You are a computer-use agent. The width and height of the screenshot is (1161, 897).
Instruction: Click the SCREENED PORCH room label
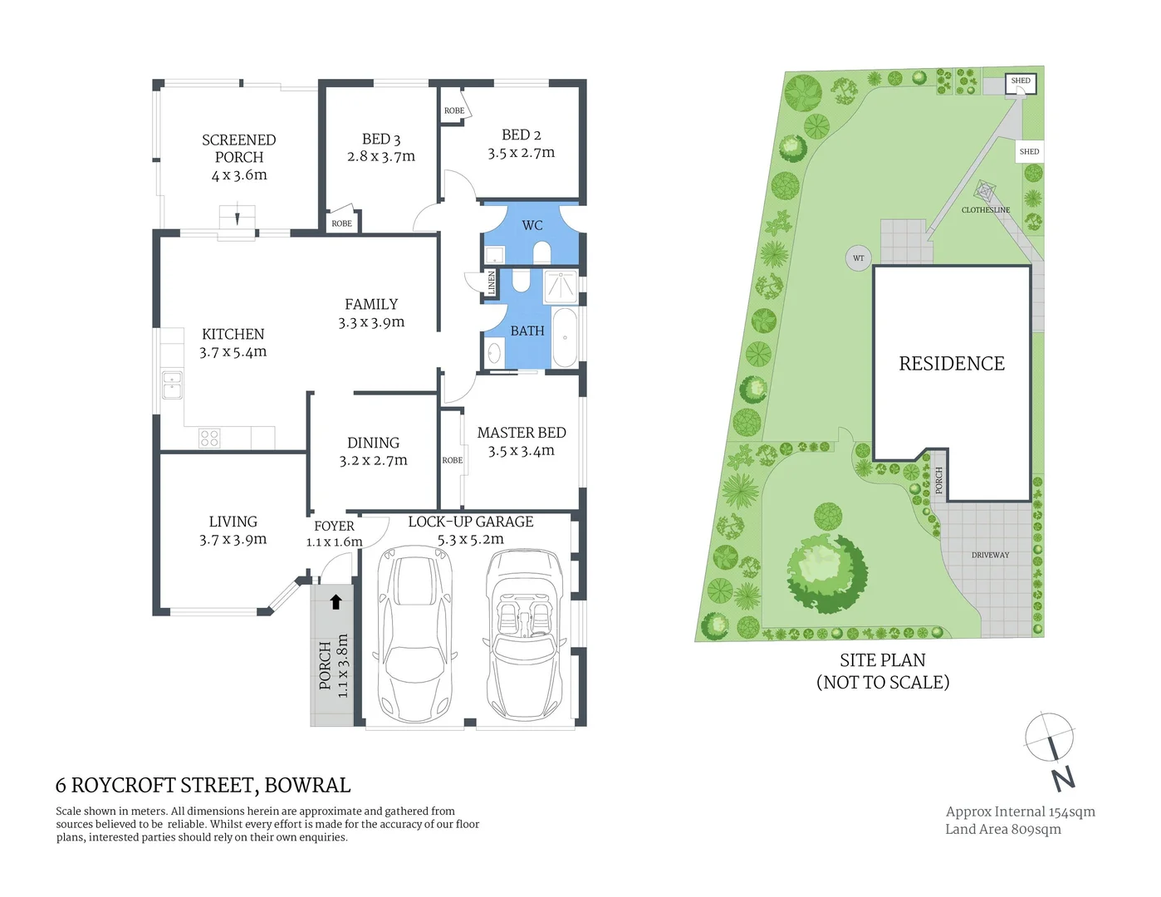(x=238, y=149)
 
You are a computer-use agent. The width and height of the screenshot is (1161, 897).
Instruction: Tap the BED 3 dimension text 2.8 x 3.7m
(x=380, y=156)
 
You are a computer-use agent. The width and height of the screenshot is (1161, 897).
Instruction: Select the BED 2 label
(x=521, y=135)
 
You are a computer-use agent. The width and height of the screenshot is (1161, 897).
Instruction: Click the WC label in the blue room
(x=532, y=225)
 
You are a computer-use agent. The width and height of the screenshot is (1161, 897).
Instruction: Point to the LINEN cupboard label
(x=491, y=282)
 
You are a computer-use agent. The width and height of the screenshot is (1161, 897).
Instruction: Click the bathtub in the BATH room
(x=566, y=337)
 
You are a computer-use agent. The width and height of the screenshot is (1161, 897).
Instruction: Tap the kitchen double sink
(x=172, y=385)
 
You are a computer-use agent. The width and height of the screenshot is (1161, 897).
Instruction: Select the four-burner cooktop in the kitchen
(x=209, y=438)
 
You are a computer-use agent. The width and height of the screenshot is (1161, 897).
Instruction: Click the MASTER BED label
(x=521, y=433)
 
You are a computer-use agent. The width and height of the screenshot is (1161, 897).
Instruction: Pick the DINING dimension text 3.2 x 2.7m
(x=373, y=461)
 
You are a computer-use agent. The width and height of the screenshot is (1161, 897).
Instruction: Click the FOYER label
(x=334, y=526)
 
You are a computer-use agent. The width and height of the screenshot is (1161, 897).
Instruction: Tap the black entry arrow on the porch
(x=336, y=601)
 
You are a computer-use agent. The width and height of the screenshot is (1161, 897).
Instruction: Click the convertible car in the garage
(x=526, y=637)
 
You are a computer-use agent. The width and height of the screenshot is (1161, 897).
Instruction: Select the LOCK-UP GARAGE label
(x=470, y=522)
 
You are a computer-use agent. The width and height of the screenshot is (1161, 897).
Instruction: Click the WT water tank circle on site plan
(x=858, y=258)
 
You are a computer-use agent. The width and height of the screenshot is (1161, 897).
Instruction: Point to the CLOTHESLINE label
(x=985, y=210)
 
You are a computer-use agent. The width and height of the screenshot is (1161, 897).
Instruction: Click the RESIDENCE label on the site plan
(x=951, y=364)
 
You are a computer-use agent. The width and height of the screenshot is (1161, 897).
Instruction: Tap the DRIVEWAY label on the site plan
(x=990, y=555)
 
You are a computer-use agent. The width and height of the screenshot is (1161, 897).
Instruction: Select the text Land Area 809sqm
(x=1002, y=829)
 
